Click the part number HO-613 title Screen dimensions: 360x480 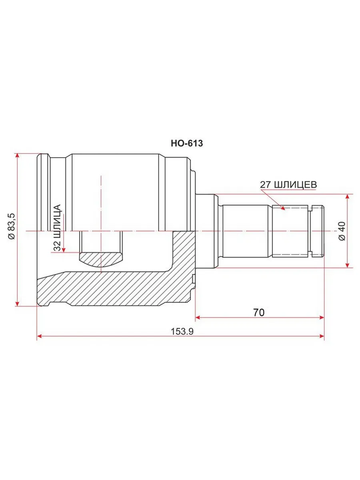point(186,144)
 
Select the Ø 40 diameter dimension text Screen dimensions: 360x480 point(342,231)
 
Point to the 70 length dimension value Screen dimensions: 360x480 point(259,312)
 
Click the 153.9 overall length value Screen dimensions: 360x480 point(182,332)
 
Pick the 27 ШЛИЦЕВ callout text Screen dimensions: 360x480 point(288,185)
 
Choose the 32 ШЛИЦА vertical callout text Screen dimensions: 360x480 point(57,228)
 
